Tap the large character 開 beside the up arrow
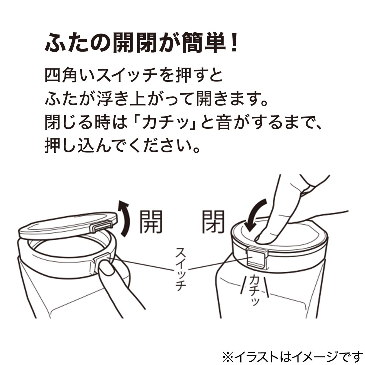[x=151, y=222]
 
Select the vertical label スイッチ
[x=180, y=269]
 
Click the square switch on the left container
[x=100, y=261]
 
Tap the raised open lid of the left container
[x=67, y=225]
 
